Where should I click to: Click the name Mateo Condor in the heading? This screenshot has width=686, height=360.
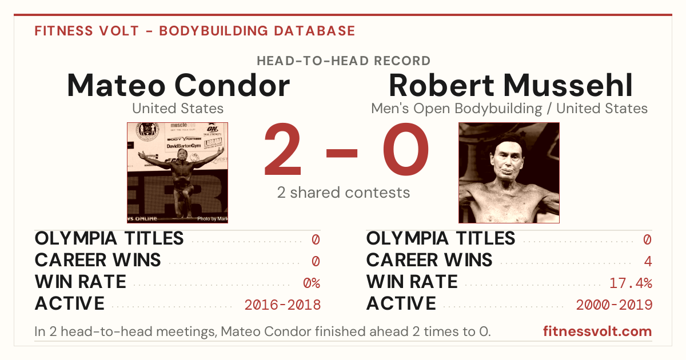click(178, 85)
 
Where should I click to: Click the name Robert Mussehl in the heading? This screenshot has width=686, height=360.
click(510, 85)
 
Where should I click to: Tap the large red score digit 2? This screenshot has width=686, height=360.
click(283, 149)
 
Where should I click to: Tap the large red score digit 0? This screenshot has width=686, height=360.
click(406, 149)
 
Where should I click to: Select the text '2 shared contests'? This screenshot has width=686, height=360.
click(344, 193)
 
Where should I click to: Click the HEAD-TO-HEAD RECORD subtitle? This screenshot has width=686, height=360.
click(344, 61)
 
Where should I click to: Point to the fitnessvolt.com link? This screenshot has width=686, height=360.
click(597, 331)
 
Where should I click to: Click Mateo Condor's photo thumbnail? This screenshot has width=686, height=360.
click(178, 173)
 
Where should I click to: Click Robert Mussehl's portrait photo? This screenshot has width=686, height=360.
click(509, 173)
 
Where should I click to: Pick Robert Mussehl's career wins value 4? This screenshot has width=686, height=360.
click(648, 261)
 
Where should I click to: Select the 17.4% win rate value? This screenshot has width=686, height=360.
click(631, 283)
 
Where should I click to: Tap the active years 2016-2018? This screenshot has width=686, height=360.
click(282, 305)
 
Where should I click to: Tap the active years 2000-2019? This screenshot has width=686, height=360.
click(614, 305)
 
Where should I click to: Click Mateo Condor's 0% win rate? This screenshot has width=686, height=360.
click(312, 283)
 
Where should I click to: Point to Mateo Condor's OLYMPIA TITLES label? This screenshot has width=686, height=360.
click(109, 238)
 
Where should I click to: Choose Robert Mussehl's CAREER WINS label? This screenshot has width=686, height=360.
click(429, 260)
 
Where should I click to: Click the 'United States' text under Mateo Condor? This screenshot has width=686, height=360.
click(178, 109)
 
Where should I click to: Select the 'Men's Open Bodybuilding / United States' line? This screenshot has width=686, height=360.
click(509, 109)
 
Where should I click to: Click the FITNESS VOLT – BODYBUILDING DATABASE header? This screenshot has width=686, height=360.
click(195, 31)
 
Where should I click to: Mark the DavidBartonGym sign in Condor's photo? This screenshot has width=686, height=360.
click(184, 146)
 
